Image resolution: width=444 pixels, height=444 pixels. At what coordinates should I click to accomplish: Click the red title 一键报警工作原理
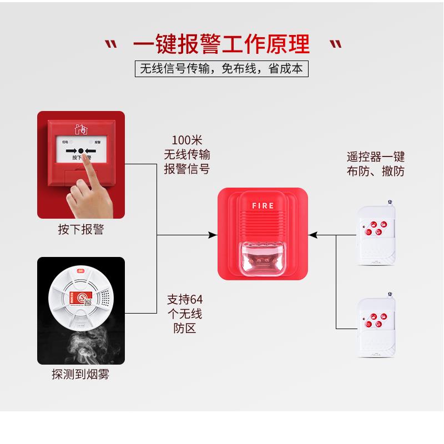pyautogui.click(x=221, y=43)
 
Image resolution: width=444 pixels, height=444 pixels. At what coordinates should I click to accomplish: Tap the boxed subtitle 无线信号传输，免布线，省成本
pyautogui.click(x=221, y=69)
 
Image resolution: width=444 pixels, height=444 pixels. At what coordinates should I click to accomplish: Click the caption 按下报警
pyautogui.click(x=81, y=229)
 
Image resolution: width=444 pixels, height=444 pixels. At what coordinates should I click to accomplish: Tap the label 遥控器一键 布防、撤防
pyautogui.click(x=375, y=164)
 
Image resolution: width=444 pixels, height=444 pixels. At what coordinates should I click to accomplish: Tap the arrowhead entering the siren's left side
pyautogui.click(x=213, y=235)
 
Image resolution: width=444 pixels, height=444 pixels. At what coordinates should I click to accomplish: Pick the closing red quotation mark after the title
pyautogui.click(x=335, y=44)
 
